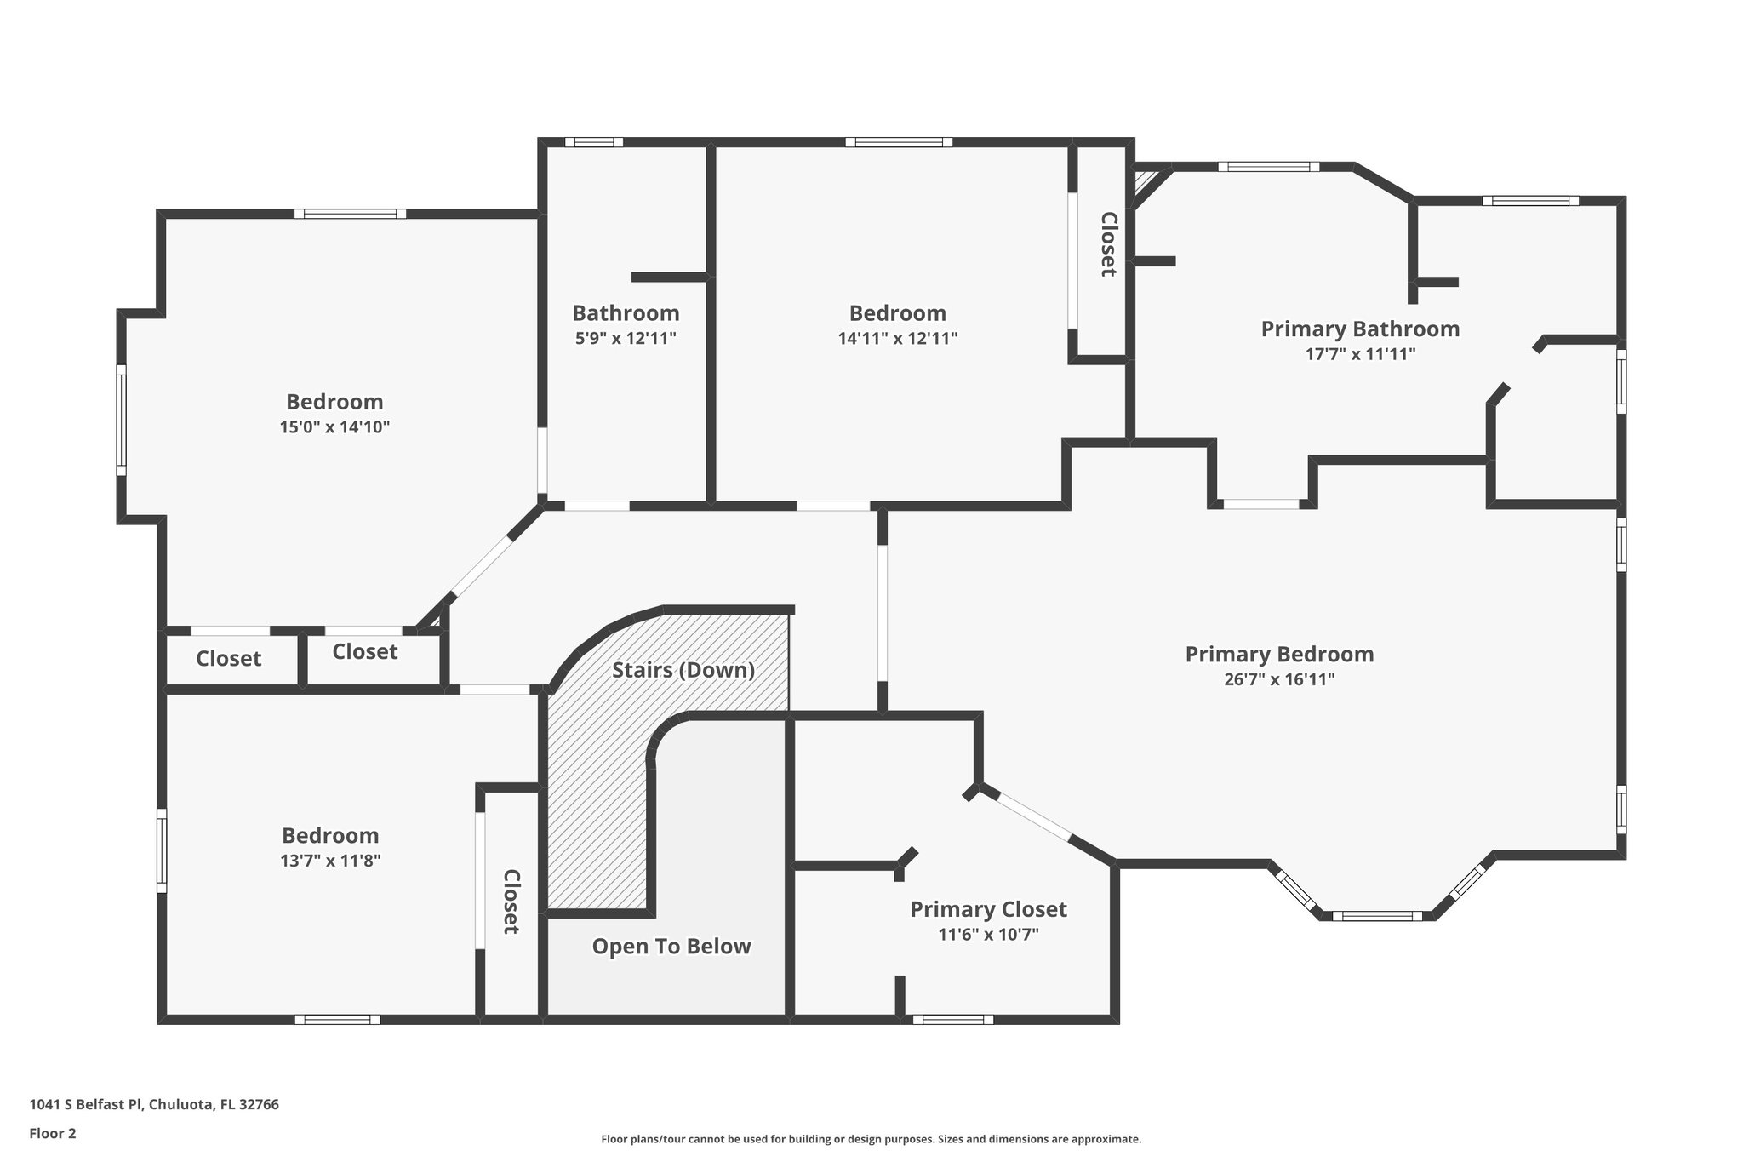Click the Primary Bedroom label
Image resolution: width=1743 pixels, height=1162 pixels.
click(x=1279, y=654)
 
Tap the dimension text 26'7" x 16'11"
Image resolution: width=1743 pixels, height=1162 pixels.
click(x=1279, y=679)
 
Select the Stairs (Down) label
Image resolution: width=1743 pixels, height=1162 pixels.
click(x=683, y=670)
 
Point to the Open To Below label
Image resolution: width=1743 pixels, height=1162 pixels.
click(x=671, y=947)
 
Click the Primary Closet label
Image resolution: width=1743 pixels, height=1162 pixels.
click(x=988, y=909)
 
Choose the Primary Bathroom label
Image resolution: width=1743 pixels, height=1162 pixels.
click(x=1360, y=329)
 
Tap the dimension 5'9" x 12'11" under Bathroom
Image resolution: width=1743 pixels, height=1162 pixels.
click(x=626, y=338)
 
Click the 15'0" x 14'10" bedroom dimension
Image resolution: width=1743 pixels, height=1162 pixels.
click(x=334, y=426)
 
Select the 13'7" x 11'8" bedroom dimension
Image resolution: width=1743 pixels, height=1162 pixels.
click(x=330, y=861)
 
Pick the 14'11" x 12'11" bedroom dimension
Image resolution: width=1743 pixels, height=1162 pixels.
click(x=897, y=338)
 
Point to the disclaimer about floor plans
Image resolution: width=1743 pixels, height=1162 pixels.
click(x=871, y=1139)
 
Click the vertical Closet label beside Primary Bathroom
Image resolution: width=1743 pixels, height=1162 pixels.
click(x=1108, y=244)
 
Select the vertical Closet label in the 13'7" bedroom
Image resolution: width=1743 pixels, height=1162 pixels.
click(x=511, y=902)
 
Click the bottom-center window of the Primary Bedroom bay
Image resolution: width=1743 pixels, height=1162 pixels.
click(x=1376, y=916)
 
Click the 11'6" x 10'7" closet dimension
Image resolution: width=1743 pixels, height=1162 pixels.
click(x=988, y=935)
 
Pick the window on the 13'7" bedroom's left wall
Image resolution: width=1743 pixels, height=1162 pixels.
click(x=162, y=850)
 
